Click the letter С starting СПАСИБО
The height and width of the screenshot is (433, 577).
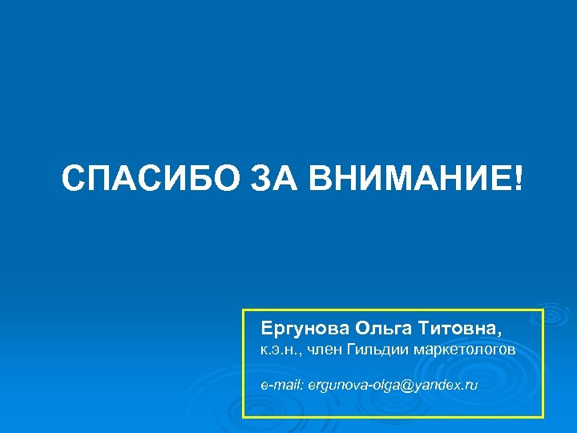point(72,176)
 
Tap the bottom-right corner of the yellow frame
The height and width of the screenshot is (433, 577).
point(543,417)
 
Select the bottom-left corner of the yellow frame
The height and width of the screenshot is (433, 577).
point(244,417)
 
